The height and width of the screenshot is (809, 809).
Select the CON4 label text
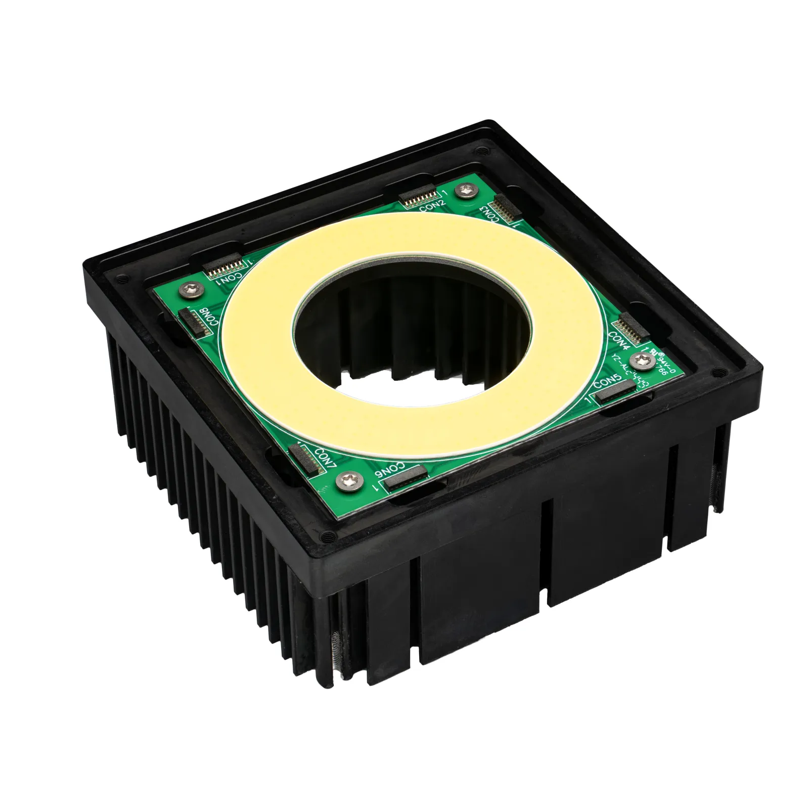(619, 340)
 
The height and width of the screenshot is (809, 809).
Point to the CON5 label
(607, 383)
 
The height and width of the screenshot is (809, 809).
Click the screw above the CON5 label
(643, 360)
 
